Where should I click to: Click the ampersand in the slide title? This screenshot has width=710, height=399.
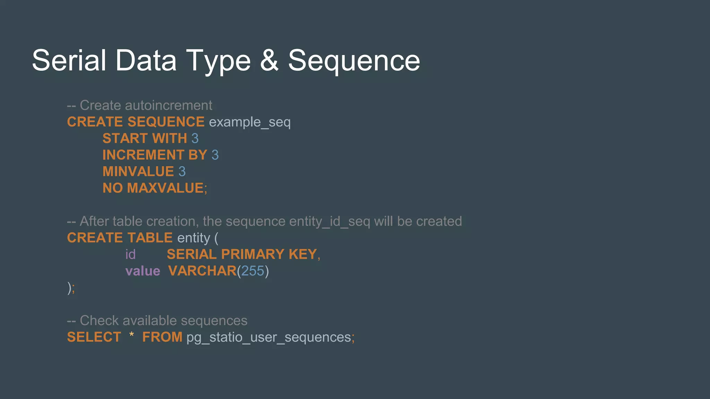(269, 61)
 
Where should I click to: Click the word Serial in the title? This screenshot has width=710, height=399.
(69, 61)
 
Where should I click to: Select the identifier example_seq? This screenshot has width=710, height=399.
(250, 122)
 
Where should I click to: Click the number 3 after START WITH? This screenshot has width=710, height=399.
(195, 139)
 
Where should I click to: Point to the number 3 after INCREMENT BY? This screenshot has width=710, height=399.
(215, 155)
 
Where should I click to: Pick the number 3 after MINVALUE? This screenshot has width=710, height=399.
(182, 171)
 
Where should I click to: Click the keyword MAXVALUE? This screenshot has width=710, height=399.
(165, 188)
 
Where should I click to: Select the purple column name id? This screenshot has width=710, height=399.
(130, 255)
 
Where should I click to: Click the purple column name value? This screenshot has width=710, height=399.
(142, 271)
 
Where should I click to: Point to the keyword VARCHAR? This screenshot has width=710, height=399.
(202, 271)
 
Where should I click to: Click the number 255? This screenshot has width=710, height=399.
(253, 271)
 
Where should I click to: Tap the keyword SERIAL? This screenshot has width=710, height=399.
(191, 254)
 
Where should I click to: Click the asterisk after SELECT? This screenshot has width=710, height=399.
(131, 335)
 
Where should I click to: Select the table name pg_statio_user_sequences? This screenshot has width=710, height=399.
(269, 337)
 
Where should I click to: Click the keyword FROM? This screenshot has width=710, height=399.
(162, 337)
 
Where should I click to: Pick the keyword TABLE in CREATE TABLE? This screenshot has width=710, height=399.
(150, 238)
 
